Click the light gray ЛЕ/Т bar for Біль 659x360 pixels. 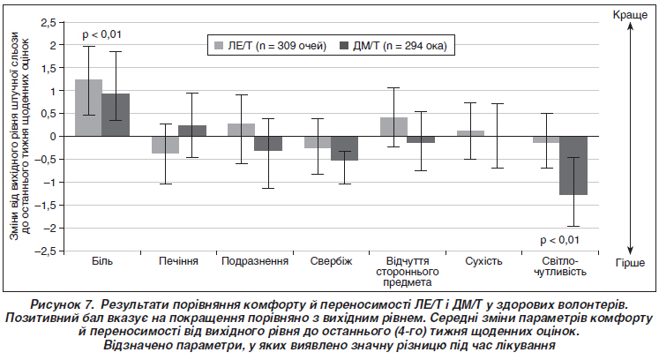(88, 108)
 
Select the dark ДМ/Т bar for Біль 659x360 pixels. (116, 115)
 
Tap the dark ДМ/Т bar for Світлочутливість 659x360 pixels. (574, 165)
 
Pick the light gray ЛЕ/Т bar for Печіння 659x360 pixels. (165, 145)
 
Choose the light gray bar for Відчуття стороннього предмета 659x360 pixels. (393, 127)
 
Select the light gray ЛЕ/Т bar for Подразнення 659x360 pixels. (242, 130)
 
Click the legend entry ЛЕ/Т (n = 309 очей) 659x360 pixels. (270, 45)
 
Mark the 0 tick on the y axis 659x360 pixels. (54, 136)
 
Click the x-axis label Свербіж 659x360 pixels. (332, 262)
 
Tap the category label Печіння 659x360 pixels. (178, 262)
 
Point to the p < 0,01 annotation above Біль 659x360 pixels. (101, 34)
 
